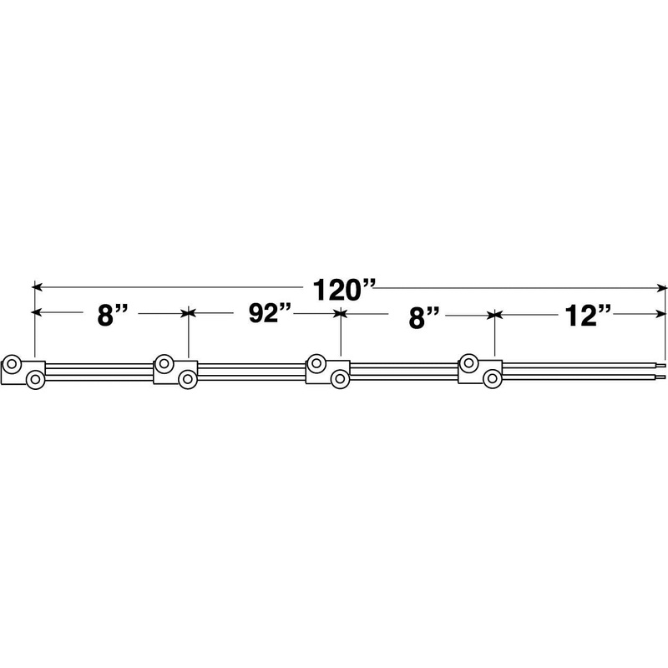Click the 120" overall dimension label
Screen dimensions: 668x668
coord(344,291)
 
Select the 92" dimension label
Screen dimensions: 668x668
coord(270,314)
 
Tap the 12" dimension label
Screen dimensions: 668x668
coord(588,316)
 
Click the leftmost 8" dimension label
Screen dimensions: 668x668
coord(113,316)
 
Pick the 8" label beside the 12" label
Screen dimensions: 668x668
coord(424,318)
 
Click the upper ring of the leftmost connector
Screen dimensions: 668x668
coord(12,365)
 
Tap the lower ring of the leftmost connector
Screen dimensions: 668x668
coord(35,379)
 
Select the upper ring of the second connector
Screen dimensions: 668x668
coord(164,364)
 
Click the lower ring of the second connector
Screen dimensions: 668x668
coord(188,379)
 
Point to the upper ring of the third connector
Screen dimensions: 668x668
coord(316,363)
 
